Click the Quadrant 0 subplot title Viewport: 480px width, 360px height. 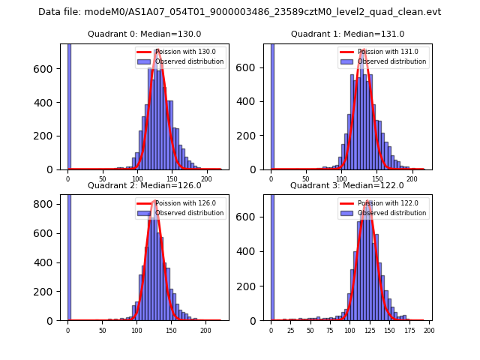[x=144, y=34]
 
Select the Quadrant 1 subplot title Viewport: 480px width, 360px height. [x=347, y=34]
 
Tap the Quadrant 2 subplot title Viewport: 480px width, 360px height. [x=144, y=185]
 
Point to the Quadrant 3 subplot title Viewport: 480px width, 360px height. [x=347, y=185]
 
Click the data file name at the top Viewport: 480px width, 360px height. [x=239, y=12]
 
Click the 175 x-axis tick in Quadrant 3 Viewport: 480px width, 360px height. [x=405, y=330]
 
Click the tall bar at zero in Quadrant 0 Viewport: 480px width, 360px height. [x=69, y=105]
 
